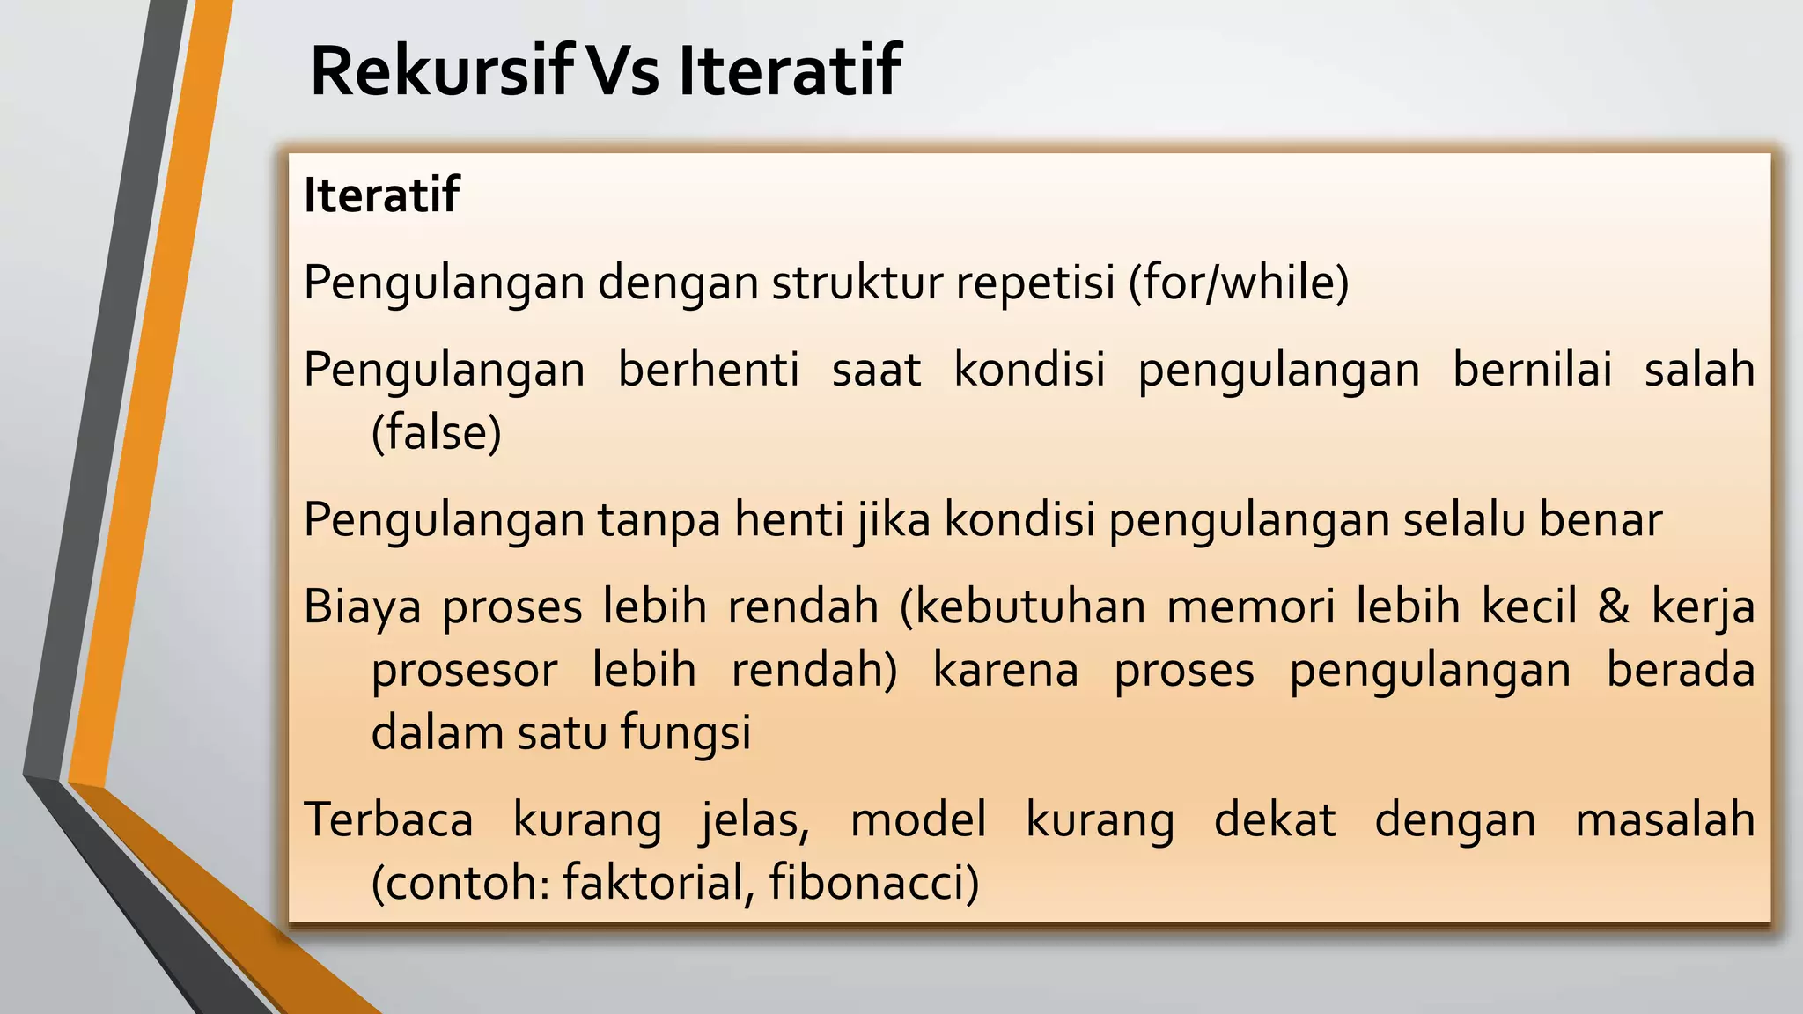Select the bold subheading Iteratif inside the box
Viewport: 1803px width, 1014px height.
[x=381, y=195]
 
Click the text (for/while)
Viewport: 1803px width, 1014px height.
[x=1240, y=283]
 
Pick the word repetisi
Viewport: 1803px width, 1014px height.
[x=1034, y=283]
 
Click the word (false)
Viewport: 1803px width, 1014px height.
[x=436, y=432]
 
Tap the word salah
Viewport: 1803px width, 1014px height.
[x=1698, y=369]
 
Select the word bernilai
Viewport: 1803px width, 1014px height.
[x=1532, y=369]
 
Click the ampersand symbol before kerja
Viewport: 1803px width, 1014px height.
[x=1613, y=606]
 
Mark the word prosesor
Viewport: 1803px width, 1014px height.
[x=464, y=670]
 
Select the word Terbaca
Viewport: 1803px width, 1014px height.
[x=388, y=819]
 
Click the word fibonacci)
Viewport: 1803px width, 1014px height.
[x=873, y=882]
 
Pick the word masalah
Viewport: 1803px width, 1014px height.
[x=1664, y=819]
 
